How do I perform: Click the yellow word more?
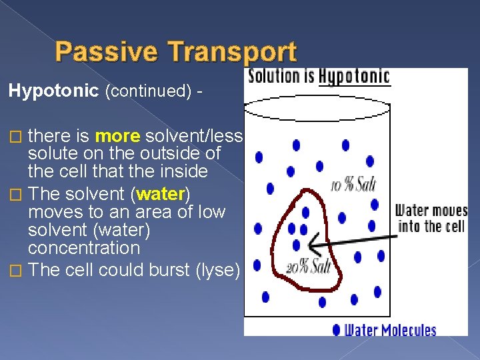[x=117, y=137]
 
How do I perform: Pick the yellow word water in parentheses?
[x=161, y=195]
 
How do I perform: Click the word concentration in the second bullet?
[x=84, y=248]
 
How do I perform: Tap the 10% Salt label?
[x=353, y=185]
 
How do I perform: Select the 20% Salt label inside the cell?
[x=309, y=267]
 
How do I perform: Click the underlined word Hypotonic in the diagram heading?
[x=354, y=76]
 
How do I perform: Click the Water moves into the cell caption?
[x=431, y=219]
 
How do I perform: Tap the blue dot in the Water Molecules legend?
[x=336, y=329]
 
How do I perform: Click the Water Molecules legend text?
[x=390, y=329]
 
